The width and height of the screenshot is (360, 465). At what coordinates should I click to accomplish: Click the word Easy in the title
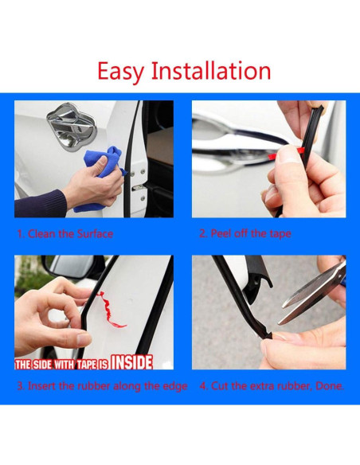[x=121, y=72]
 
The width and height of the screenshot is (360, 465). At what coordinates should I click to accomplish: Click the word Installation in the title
[x=211, y=70]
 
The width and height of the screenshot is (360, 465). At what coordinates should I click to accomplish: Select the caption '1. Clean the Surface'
[x=65, y=234]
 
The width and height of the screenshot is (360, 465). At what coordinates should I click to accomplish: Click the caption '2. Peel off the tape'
[x=245, y=233]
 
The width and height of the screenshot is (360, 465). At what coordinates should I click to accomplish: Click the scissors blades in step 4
[x=312, y=294]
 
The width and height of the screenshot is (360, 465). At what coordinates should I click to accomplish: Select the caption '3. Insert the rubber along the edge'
[x=102, y=386]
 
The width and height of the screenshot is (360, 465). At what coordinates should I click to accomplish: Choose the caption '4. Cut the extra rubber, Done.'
[x=272, y=386]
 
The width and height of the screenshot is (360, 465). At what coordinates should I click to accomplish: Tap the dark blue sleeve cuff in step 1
[x=41, y=204]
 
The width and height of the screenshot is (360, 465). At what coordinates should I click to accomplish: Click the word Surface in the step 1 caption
[x=95, y=234]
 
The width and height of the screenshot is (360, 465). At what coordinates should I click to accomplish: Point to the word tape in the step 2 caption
[x=280, y=234]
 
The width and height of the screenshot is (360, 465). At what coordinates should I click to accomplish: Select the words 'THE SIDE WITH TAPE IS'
[x=61, y=365]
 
